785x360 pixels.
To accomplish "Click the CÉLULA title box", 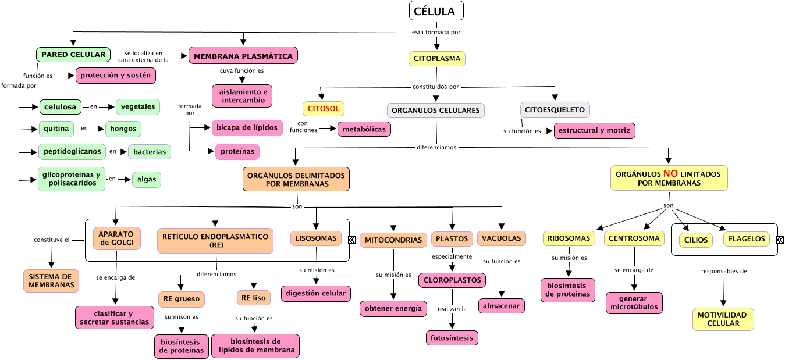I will [x=436, y=11].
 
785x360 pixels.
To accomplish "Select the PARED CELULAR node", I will [x=73, y=55].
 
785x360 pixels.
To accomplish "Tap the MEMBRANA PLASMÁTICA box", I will [x=243, y=56].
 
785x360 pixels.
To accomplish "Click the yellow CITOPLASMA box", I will [x=436, y=58].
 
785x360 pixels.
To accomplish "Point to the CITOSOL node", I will [x=324, y=109].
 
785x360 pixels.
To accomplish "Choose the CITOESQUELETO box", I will [x=555, y=109].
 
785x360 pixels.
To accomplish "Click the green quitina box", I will [x=56, y=128].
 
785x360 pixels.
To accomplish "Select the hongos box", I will [x=123, y=129].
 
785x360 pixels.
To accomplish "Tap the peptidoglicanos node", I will [x=73, y=152].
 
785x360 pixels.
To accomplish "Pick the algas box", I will [x=146, y=179].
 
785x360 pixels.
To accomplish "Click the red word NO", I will [x=670, y=173].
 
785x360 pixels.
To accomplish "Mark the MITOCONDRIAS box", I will [x=393, y=240].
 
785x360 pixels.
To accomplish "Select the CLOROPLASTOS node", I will [x=452, y=280].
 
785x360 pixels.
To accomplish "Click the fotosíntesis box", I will [x=452, y=337].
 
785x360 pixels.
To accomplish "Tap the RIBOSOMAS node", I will [x=569, y=238].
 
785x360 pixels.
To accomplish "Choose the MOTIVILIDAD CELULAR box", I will [x=723, y=319].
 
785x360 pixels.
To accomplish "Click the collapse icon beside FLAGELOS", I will [x=780, y=240].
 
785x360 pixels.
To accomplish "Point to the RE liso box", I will [x=253, y=298].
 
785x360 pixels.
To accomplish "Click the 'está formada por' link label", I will [x=436, y=32].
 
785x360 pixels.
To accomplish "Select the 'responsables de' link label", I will [x=724, y=271].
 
